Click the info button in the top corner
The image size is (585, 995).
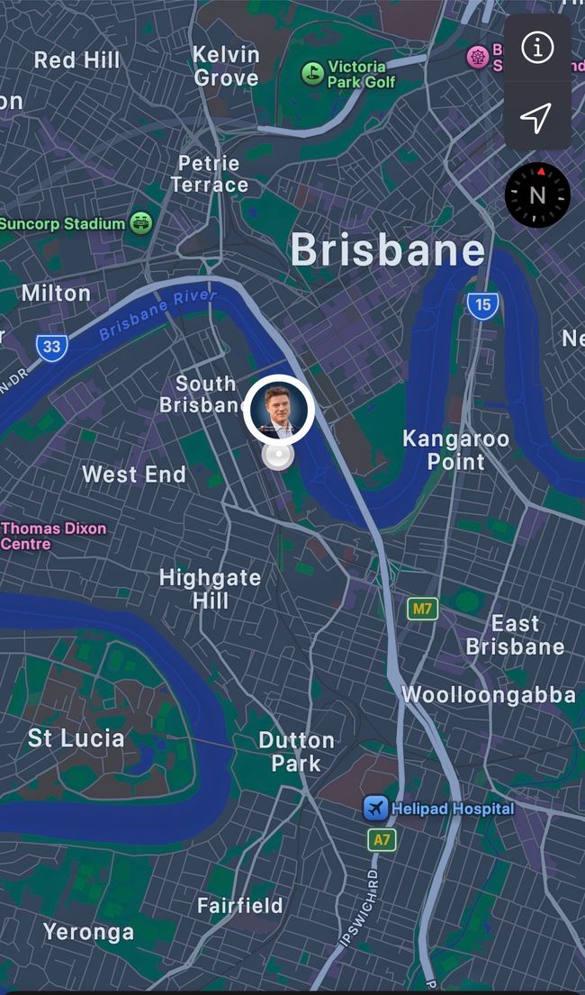[537, 48]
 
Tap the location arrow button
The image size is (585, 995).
[536, 117]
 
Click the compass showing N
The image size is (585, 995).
[537, 195]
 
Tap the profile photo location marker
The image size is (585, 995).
[278, 410]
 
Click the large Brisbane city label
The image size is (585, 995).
[387, 249]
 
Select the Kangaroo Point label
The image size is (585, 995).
[455, 450]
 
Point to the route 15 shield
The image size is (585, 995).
[483, 304]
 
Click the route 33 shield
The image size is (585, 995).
[52, 346]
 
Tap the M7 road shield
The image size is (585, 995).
[422, 609]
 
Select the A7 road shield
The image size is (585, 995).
[382, 840]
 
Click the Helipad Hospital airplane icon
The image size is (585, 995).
[376, 809]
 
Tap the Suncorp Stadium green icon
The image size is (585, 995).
[141, 222]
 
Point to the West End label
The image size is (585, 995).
[134, 475]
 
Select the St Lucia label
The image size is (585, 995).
[76, 738]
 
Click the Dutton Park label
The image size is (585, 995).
[296, 752]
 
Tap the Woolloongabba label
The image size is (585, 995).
[488, 695]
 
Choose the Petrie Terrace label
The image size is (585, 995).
[209, 175]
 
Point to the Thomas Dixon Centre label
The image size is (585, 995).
[53, 536]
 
